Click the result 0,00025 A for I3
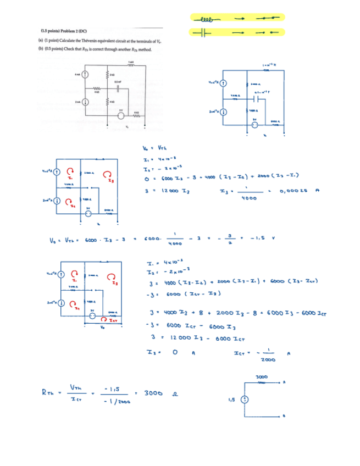point(295,191)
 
